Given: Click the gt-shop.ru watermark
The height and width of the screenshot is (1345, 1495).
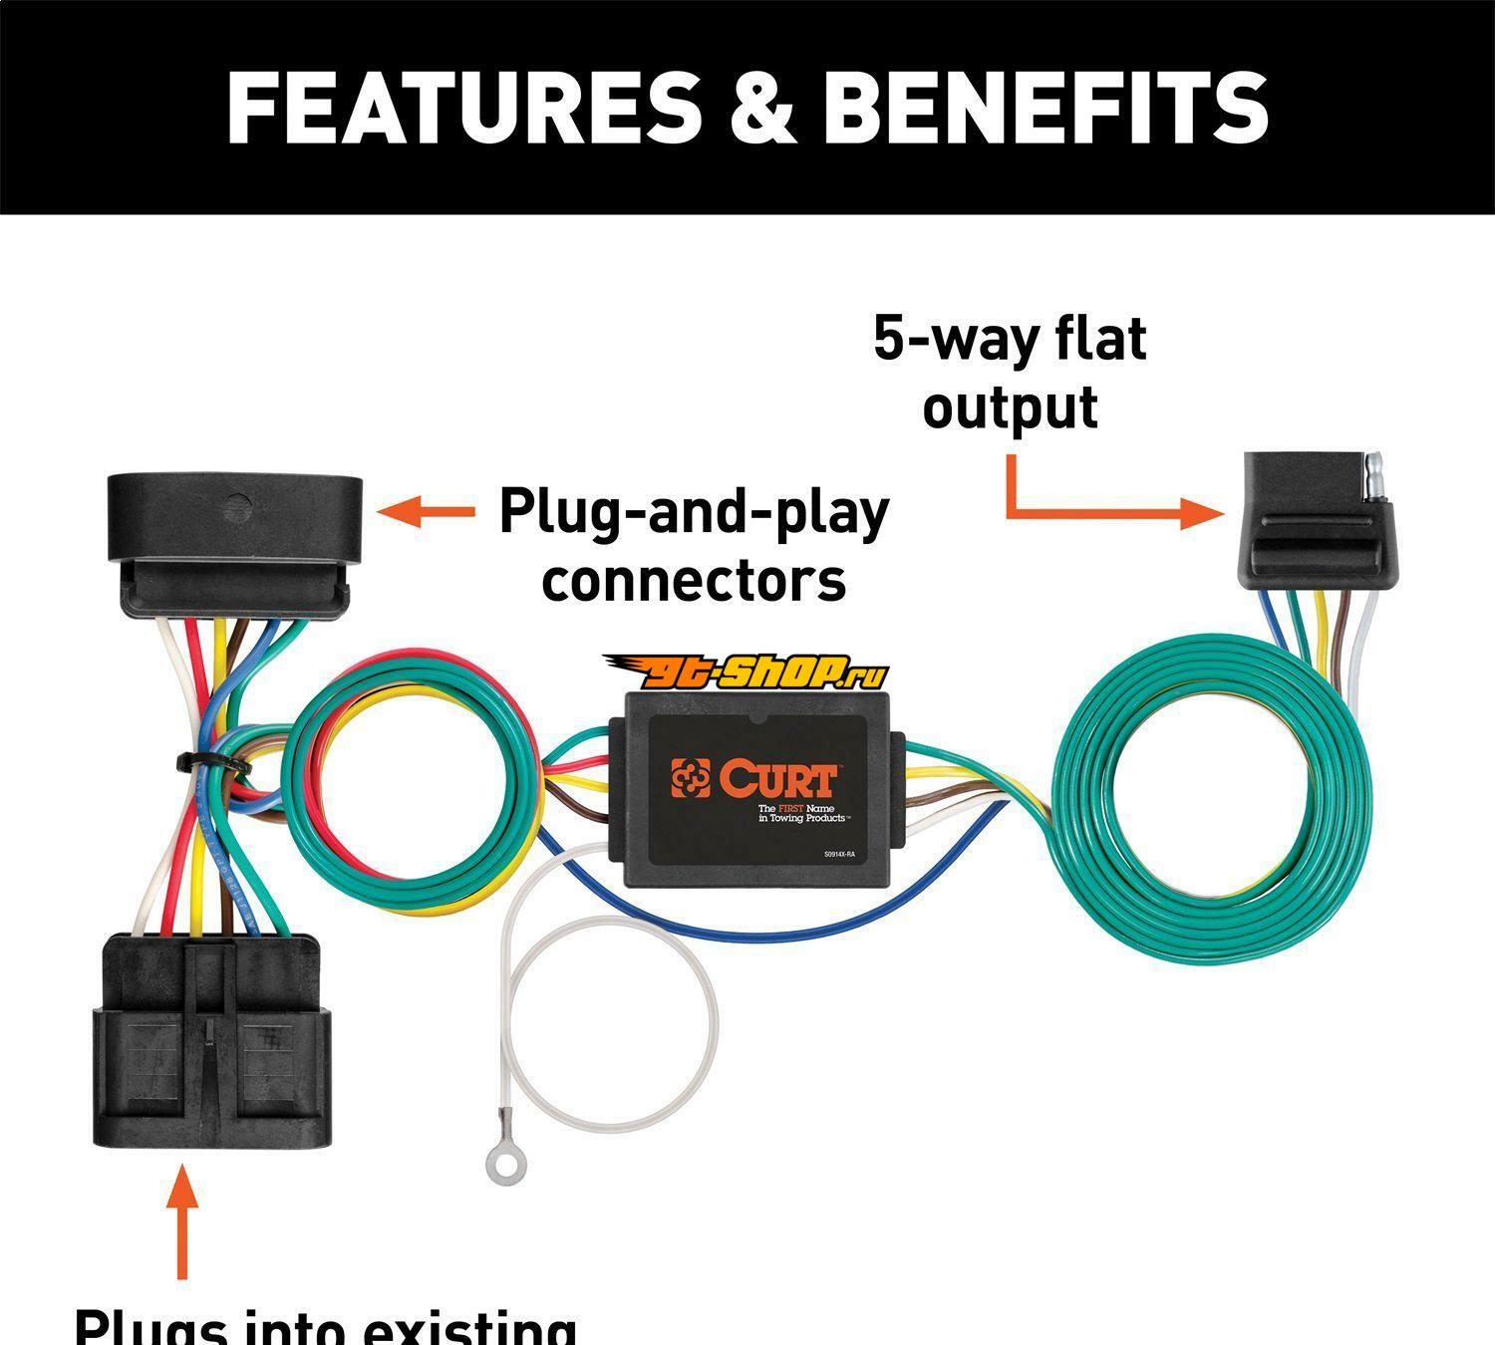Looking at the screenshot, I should coord(743,673).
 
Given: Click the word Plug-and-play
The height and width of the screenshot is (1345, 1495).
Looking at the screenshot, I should coord(694,512).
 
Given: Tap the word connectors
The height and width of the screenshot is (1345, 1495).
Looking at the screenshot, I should coord(694,580).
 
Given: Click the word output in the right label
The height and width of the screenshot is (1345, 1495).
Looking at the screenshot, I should coord(1010,407).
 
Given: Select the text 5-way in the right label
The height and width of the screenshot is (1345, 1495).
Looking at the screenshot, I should coord(943,339).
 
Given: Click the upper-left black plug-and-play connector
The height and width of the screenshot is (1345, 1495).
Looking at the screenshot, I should coord(234,543).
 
